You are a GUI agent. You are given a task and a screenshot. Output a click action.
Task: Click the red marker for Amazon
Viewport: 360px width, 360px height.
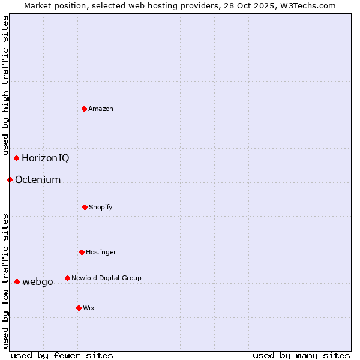(x=84, y=109)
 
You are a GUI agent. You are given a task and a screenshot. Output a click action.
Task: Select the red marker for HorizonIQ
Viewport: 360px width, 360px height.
(x=16, y=158)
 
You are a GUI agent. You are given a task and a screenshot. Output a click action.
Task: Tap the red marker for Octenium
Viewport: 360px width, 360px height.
(x=10, y=179)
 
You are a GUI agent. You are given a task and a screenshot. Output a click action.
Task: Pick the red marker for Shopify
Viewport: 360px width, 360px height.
(x=85, y=207)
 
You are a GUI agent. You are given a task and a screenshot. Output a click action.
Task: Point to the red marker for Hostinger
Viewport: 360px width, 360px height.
(x=82, y=252)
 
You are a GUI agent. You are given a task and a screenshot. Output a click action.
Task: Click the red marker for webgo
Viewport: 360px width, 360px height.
(x=17, y=281)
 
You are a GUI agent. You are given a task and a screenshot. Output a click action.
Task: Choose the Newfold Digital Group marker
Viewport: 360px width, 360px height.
(x=67, y=278)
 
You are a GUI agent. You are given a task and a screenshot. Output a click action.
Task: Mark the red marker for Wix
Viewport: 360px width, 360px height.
(x=79, y=308)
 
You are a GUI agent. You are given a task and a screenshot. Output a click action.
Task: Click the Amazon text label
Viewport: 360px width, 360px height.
(x=101, y=109)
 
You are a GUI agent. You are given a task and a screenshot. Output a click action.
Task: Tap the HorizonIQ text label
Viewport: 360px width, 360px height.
(x=46, y=158)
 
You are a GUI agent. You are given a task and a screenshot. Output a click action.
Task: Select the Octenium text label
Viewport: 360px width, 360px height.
(x=38, y=179)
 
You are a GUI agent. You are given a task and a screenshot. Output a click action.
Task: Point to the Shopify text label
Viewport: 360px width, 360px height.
(x=101, y=207)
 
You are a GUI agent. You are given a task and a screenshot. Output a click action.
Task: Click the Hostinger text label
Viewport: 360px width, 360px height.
(x=101, y=252)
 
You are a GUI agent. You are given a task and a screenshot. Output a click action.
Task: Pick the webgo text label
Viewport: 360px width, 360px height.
(x=38, y=281)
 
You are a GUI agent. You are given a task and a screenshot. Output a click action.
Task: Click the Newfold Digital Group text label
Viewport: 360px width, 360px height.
(x=106, y=278)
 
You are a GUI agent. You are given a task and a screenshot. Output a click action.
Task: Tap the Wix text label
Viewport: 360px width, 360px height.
(x=89, y=308)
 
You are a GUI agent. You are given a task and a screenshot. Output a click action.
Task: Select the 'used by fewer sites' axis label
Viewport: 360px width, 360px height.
(x=62, y=355)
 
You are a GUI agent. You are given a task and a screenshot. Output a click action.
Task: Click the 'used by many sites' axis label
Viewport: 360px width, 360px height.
(x=301, y=355)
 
